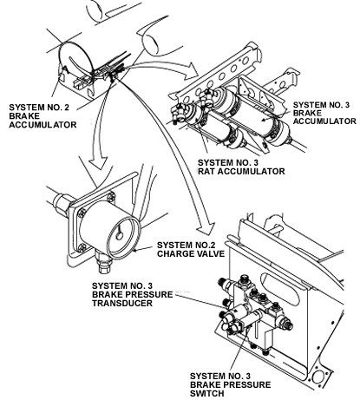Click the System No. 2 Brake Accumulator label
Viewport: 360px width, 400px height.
[x=43, y=116]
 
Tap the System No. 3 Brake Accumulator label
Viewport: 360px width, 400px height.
[x=324, y=113]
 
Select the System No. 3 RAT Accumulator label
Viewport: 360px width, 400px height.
[x=241, y=167]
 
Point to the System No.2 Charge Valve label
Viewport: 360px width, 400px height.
[x=191, y=249]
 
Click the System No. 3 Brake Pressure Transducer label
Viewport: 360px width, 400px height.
[x=132, y=294]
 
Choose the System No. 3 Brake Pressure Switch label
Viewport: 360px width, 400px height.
[x=230, y=384]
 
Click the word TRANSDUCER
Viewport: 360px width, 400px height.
[x=122, y=303]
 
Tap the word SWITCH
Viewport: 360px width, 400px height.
[x=206, y=393]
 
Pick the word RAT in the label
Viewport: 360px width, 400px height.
[x=206, y=171]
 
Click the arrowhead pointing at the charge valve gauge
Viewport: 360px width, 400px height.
[x=99, y=164]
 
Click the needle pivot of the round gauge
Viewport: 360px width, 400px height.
[x=119, y=236]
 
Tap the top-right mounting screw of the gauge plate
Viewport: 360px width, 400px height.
[x=111, y=198]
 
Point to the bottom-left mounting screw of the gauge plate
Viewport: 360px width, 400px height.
[x=82, y=247]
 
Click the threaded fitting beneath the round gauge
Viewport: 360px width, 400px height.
[x=103, y=263]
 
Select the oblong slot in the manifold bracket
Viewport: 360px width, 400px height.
[x=279, y=288]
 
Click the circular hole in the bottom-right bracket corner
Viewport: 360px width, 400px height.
[x=317, y=377]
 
